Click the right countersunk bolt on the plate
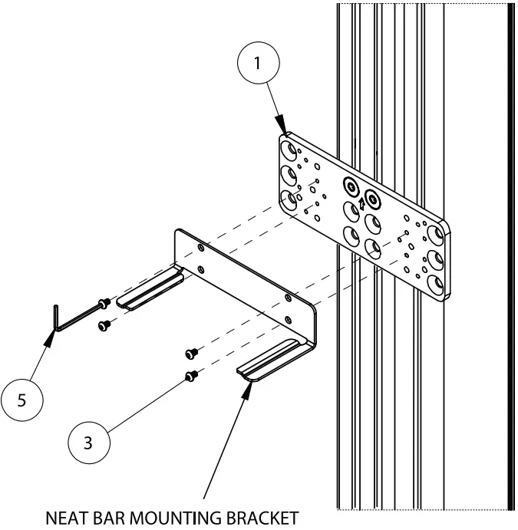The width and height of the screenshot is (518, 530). (373, 198)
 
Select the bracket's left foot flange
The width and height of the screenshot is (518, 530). (153, 291)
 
